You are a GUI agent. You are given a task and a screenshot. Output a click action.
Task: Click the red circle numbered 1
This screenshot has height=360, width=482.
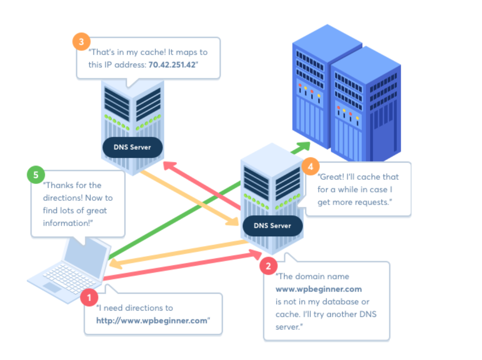(89, 297)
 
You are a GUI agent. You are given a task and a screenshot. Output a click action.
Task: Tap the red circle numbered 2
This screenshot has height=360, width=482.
(268, 266)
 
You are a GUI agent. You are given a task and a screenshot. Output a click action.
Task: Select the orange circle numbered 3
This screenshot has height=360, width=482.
(81, 42)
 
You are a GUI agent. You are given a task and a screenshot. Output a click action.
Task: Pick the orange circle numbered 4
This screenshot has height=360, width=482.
(311, 166)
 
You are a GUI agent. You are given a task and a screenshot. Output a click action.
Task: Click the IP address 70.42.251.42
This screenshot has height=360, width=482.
(171, 65)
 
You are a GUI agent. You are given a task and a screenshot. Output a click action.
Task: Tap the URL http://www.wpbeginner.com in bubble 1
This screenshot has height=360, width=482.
(151, 320)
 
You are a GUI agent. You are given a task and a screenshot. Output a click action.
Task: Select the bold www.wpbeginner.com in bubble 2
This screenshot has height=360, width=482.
(319, 289)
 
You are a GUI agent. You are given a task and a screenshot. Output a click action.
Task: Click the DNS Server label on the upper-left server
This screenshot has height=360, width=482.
(132, 147)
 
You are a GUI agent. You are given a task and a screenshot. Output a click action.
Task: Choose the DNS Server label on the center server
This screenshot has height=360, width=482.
(272, 226)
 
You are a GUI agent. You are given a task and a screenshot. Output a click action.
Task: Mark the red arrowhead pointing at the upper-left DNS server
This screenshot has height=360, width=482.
(169, 166)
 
